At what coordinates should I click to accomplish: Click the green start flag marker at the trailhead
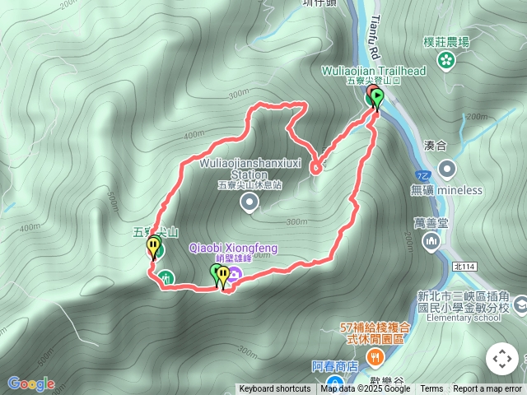point(377,98)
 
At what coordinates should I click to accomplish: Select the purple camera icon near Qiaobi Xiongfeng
point(236,274)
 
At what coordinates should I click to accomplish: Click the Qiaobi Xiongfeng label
point(233,248)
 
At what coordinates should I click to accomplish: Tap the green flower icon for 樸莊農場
point(446,59)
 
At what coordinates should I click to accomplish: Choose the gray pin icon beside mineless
point(447,169)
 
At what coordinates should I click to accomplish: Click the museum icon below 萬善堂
point(431,240)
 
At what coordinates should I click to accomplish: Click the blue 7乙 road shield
point(422,175)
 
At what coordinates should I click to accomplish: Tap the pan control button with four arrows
point(501,359)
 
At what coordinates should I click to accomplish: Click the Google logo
point(30,383)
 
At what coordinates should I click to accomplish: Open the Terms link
point(431,389)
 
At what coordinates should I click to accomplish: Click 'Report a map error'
point(487,389)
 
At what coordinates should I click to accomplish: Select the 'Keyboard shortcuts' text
point(275,389)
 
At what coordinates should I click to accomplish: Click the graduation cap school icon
point(520,305)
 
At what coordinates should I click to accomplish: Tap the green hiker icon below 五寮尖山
point(166,278)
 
